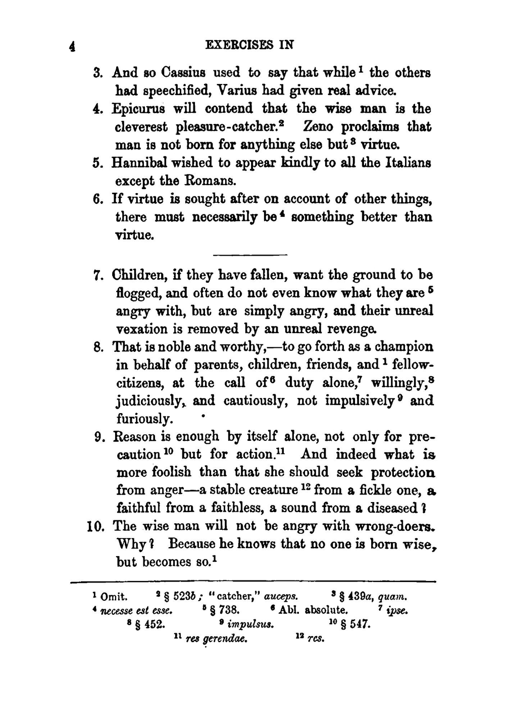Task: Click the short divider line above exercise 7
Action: coord(250,255)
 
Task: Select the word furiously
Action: coord(144,419)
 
